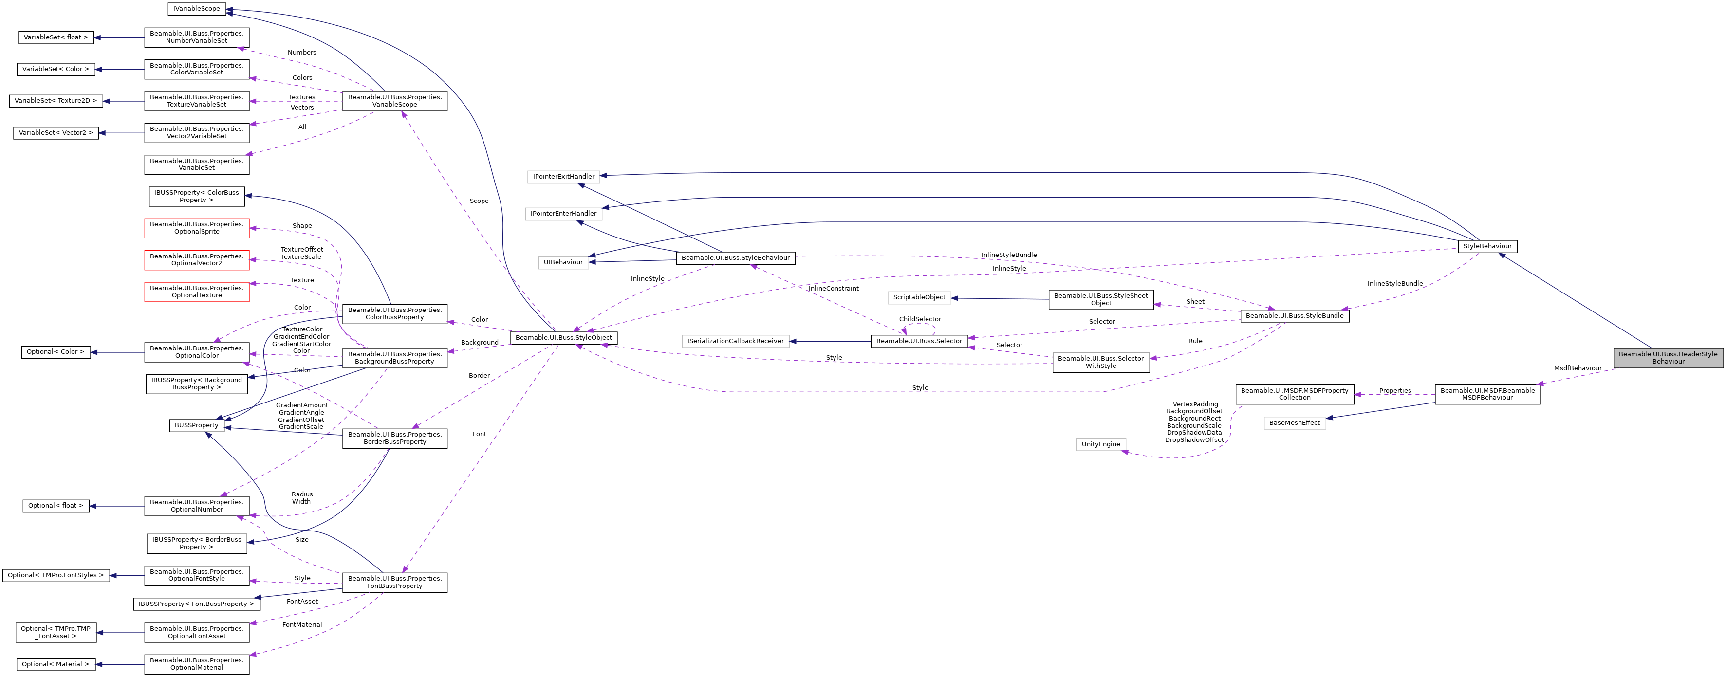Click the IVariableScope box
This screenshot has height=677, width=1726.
pyautogui.click(x=196, y=9)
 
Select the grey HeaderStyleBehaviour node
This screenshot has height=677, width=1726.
pyautogui.click(x=1668, y=358)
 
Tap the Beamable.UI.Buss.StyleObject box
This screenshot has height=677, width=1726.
pyautogui.click(x=563, y=337)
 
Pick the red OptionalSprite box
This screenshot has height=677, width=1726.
pyautogui.click(x=196, y=228)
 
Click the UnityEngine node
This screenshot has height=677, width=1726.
pyautogui.click(x=1100, y=444)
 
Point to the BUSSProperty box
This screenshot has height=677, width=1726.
pyautogui.click(x=196, y=425)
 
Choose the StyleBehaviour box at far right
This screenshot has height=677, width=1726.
pyautogui.click(x=1487, y=246)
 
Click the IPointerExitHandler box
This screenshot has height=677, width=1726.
pyautogui.click(x=563, y=177)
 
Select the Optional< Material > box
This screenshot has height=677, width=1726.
pyautogui.click(x=56, y=664)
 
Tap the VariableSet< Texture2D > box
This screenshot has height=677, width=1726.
pyautogui.click(x=56, y=100)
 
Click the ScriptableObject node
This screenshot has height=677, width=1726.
pyautogui.click(x=919, y=297)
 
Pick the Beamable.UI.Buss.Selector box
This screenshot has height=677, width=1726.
pyautogui.click(x=919, y=341)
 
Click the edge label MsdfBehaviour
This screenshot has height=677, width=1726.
pyautogui.click(x=1577, y=368)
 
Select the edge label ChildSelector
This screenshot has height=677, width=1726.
pyautogui.click(x=919, y=319)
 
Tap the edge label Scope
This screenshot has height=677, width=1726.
pyautogui.click(x=479, y=201)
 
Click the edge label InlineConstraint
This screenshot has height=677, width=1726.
pyautogui.click(x=834, y=289)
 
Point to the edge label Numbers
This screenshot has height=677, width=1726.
pyautogui.click(x=301, y=52)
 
